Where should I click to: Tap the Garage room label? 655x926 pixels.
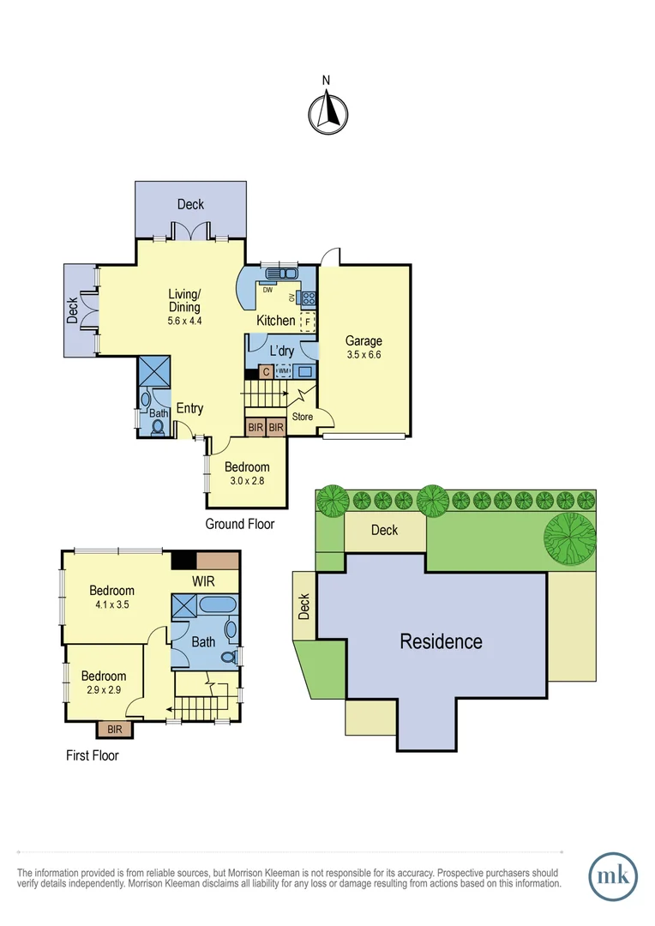[x=364, y=340]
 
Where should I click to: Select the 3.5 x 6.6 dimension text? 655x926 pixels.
[x=364, y=354]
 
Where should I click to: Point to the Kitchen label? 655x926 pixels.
[x=276, y=321]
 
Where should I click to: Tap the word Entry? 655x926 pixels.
[x=189, y=408]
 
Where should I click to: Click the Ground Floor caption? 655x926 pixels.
[x=240, y=524]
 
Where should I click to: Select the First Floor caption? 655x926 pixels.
[x=93, y=755]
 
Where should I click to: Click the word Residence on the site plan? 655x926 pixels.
[x=441, y=641]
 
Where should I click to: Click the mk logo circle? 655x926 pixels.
[x=613, y=876]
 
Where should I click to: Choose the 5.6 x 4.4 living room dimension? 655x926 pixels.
[x=184, y=321]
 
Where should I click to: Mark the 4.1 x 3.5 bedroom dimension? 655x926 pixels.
[x=112, y=604]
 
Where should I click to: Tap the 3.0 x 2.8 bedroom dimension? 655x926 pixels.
[x=247, y=481]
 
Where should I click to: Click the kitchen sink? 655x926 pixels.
[x=281, y=274]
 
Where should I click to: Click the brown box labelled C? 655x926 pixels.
[x=266, y=372]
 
